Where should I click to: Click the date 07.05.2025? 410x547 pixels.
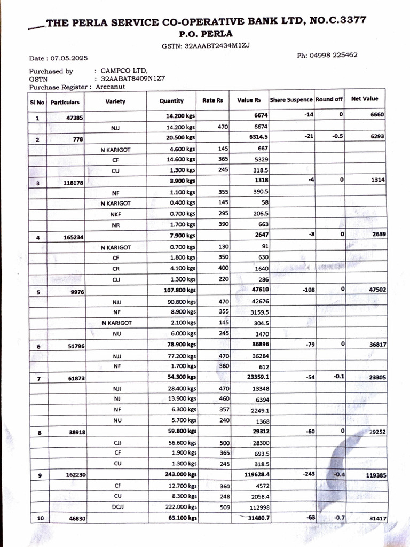tap(69, 58)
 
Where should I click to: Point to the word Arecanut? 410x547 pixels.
tap(111, 86)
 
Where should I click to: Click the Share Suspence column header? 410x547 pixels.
tap(291, 100)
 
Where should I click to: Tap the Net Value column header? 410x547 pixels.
tap(364, 99)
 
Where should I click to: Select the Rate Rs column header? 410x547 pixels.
tap(212, 100)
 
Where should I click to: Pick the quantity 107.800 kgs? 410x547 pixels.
tap(181, 290)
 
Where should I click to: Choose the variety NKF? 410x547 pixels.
tap(116, 214)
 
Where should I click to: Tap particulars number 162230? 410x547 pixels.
tap(70, 475)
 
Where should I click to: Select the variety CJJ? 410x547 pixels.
tap(117, 442)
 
